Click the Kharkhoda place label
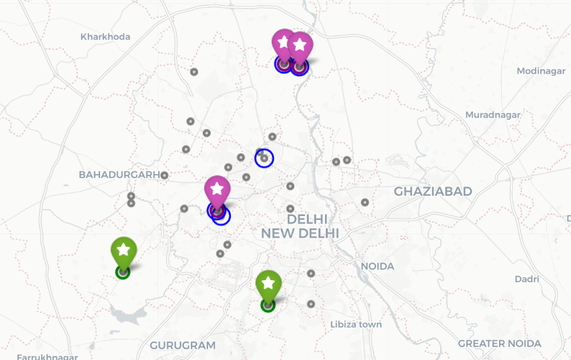click(x=105, y=37)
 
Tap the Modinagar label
click(x=541, y=71)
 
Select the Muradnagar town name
click(x=493, y=115)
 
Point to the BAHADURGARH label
click(x=119, y=175)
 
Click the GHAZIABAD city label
click(x=433, y=191)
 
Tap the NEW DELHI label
click(x=300, y=233)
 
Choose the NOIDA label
click(x=377, y=266)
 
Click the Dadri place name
click(x=527, y=279)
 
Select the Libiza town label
click(x=356, y=325)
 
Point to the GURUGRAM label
click(x=182, y=345)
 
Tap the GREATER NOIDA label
click(x=499, y=344)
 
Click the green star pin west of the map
click(x=123, y=251)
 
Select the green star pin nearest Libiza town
click(x=268, y=285)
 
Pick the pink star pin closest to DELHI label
click(x=217, y=190)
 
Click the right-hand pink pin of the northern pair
click(x=300, y=46)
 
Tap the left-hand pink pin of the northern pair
click(x=283, y=43)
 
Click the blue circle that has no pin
click(x=264, y=158)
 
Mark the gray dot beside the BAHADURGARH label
click(x=165, y=175)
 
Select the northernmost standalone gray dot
click(x=194, y=72)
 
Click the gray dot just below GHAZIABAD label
click(x=365, y=202)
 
